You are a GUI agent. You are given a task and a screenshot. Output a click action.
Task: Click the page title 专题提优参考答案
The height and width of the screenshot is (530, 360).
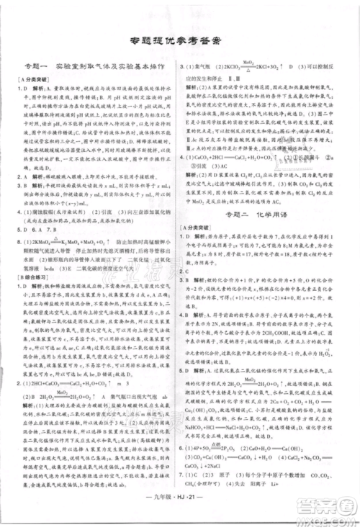tap(179, 40)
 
